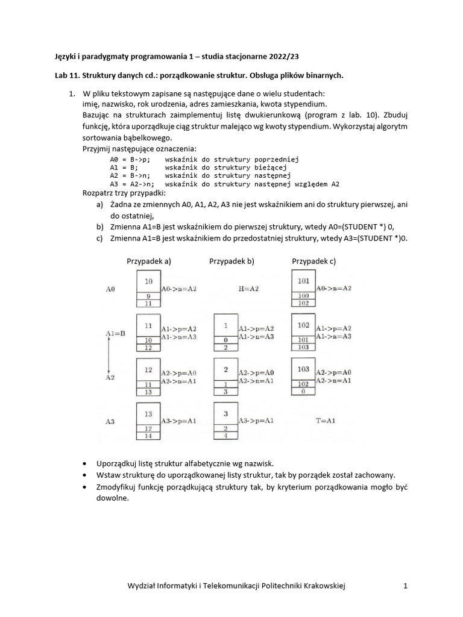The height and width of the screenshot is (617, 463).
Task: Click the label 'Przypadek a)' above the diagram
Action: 149,261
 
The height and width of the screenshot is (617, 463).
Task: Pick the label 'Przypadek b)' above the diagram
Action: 231,261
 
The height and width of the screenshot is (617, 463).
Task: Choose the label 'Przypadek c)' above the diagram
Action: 313,261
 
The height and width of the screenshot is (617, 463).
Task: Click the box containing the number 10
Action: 149,281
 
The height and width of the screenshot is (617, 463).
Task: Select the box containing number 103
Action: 303,369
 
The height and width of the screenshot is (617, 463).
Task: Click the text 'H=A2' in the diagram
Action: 248,289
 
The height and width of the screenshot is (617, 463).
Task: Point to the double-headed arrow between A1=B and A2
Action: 109,355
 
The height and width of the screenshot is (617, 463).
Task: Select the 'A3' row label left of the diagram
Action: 111,422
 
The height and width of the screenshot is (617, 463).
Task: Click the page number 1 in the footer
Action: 406,585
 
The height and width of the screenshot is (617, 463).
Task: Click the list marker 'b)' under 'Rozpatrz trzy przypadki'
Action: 99,227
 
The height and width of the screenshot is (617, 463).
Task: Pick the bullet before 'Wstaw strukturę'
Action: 83,475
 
